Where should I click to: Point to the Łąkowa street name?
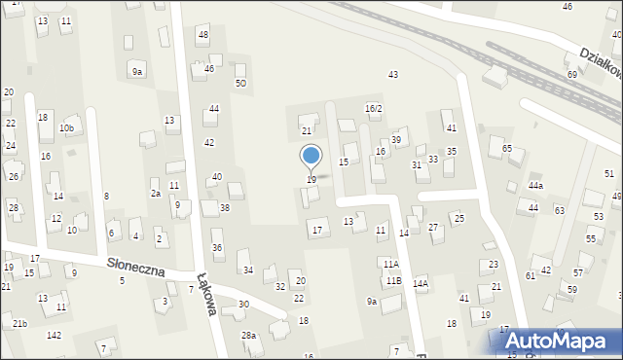[x=205, y=291]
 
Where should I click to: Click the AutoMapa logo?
[x=558, y=340]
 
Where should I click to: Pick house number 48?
[x=202, y=35]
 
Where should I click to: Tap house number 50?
[x=240, y=84]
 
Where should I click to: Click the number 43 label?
[x=393, y=75]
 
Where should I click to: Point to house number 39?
[x=396, y=141]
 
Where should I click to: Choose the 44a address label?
[x=536, y=186]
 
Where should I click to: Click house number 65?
[x=506, y=148]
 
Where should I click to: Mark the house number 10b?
[x=66, y=128]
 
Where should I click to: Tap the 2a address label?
[x=155, y=194]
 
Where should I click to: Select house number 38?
[x=225, y=208]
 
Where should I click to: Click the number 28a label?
[x=249, y=336]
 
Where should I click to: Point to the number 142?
[x=54, y=335]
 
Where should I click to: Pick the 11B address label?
[x=393, y=280]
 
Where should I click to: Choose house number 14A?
[x=420, y=283]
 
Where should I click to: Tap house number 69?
[x=572, y=74]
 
